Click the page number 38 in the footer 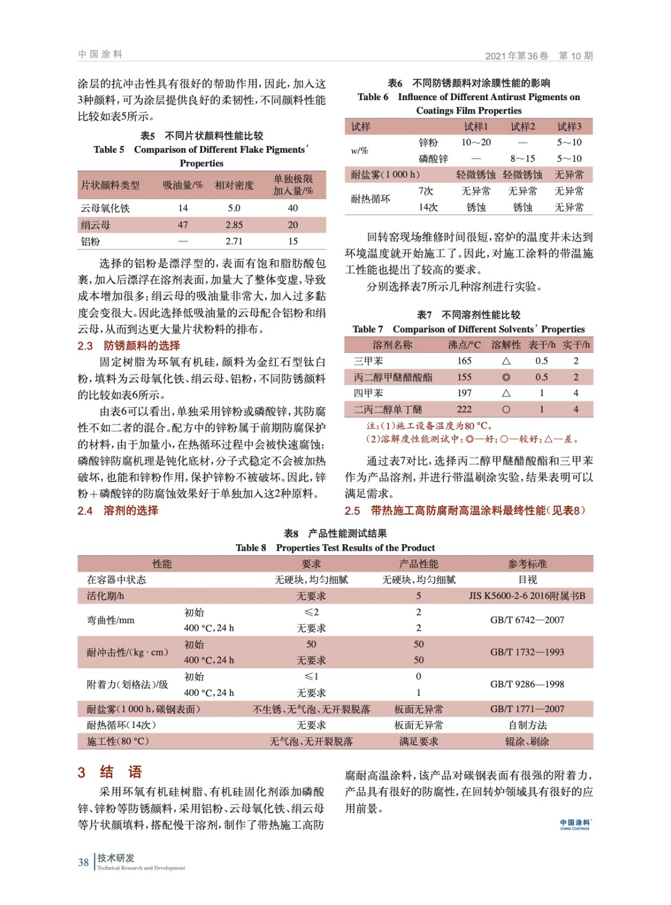pyautogui.click(x=83, y=862)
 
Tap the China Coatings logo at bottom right pyautogui.click(x=575, y=824)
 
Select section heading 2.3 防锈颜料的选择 pyautogui.click(x=129, y=346)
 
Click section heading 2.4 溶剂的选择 pyautogui.click(x=118, y=510)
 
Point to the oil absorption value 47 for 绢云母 pyautogui.click(x=183, y=225)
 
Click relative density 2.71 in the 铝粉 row pyautogui.click(x=234, y=241)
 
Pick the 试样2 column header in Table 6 pyautogui.click(x=522, y=126)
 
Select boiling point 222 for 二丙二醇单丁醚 pyautogui.click(x=464, y=409)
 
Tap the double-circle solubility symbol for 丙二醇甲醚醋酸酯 pyautogui.click(x=506, y=377)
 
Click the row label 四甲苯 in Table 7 pyautogui.click(x=368, y=393)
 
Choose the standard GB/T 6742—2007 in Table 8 pyautogui.click(x=527, y=620)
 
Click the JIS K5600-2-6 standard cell pyautogui.click(x=527, y=596)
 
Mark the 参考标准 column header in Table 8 pyautogui.click(x=527, y=564)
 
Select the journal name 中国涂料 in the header pyautogui.click(x=100, y=54)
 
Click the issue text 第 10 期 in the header pyautogui.click(x=575, y=55)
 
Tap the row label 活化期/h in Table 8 pyautogui.click(x=106, y=596)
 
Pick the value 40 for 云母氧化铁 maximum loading pyautogui.click(x=293, y=208)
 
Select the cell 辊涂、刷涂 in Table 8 pyautogui.click(x=527, y=741)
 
